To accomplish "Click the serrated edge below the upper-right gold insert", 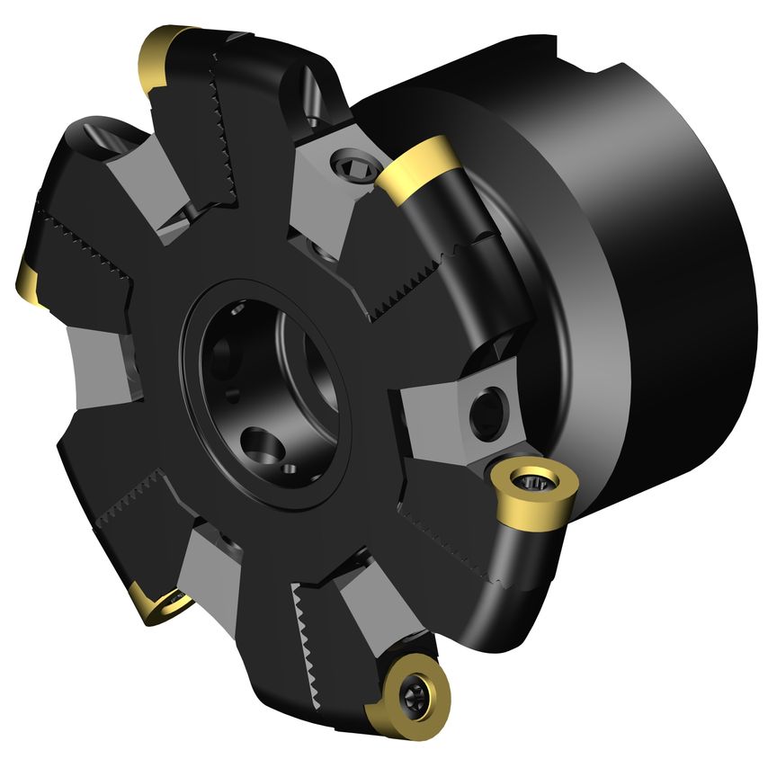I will pos(423,270).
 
